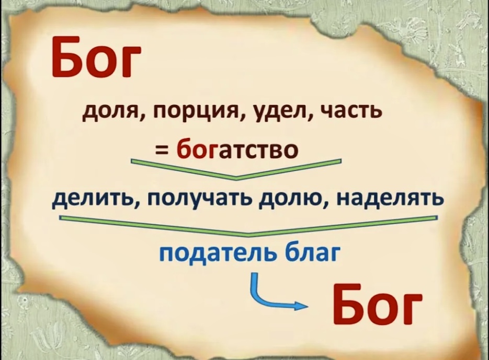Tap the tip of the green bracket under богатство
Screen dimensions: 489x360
(x=236, y=179)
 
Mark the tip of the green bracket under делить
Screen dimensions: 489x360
(x=248, y=235)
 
